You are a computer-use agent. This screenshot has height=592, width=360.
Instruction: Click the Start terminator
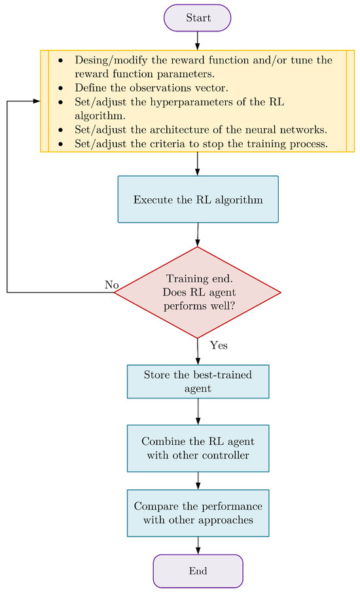tap(197, 18)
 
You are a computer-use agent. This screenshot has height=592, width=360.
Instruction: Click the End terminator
tap(198, 571)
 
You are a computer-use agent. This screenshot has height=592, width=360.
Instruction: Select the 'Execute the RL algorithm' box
tap(198, 200)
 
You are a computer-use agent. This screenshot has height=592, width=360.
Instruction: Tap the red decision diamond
tap(197, 292)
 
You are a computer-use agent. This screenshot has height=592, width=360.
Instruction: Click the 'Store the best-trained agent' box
tap(198, 381)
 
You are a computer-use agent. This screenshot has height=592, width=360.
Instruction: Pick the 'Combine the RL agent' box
tap(198, 448)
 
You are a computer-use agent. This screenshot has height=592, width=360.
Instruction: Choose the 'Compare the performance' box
tap(198, 513)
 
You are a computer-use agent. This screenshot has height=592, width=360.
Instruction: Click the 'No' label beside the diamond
tap(111, 285)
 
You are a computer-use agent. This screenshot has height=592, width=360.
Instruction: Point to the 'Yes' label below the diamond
tap(219, 345)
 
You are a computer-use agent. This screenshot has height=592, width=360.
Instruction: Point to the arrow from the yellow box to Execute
tap(197, 164)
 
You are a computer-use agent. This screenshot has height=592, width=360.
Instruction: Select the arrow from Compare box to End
tap(198, 546)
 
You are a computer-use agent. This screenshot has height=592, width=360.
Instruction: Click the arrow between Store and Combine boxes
tap(198, 411)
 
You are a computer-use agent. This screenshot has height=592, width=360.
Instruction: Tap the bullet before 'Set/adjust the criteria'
tap(61, 144)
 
